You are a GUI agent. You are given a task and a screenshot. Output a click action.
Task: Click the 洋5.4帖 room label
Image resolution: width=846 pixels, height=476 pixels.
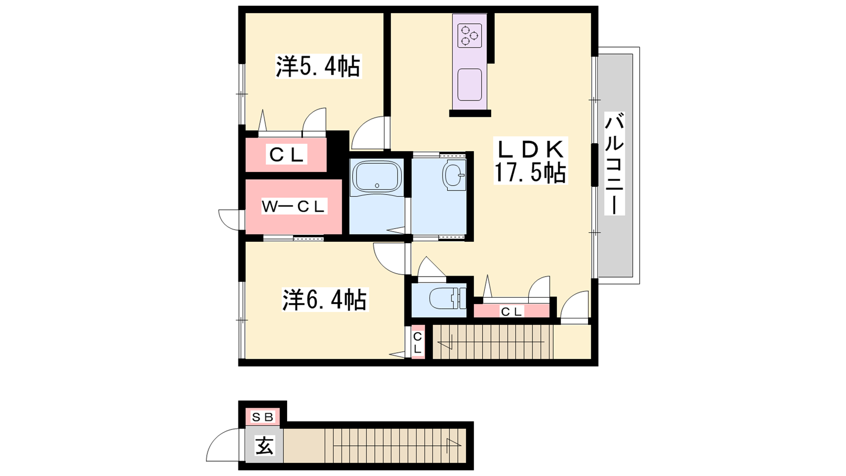point(318,67)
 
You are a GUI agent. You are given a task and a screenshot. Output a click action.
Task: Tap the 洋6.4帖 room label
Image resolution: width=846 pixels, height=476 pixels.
point(325,299)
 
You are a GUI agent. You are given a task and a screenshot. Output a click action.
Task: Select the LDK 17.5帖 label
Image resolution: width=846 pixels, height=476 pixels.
point(530,161)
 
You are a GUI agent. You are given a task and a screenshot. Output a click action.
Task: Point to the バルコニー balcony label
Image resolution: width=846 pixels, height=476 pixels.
point(614,163)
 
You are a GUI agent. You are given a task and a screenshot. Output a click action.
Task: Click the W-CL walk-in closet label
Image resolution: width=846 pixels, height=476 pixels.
point(294,207)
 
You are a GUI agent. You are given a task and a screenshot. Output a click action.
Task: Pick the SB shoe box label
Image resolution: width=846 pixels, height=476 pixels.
point(262,417)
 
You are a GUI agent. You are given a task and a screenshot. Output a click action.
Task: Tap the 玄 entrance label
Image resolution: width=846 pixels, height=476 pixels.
point(264,446)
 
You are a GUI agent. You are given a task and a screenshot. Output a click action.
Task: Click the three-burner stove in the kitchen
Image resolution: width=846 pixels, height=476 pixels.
point(470,35)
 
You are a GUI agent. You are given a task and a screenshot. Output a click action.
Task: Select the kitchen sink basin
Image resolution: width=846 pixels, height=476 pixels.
point(470,85)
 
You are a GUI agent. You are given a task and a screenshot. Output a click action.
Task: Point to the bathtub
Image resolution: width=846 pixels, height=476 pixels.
point(376,177)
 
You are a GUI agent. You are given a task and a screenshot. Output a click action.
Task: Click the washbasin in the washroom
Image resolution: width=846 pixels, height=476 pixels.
point(454,175)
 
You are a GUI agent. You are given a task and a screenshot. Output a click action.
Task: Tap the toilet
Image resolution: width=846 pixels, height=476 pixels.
point(448,298)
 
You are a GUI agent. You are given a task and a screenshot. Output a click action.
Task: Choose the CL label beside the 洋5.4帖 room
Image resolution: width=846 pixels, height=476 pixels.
point(286,154)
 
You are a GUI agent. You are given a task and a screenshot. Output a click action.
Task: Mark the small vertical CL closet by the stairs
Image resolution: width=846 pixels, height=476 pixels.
point(417,342)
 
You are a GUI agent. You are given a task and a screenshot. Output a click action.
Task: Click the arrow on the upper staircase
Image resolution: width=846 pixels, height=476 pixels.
point(491,342)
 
